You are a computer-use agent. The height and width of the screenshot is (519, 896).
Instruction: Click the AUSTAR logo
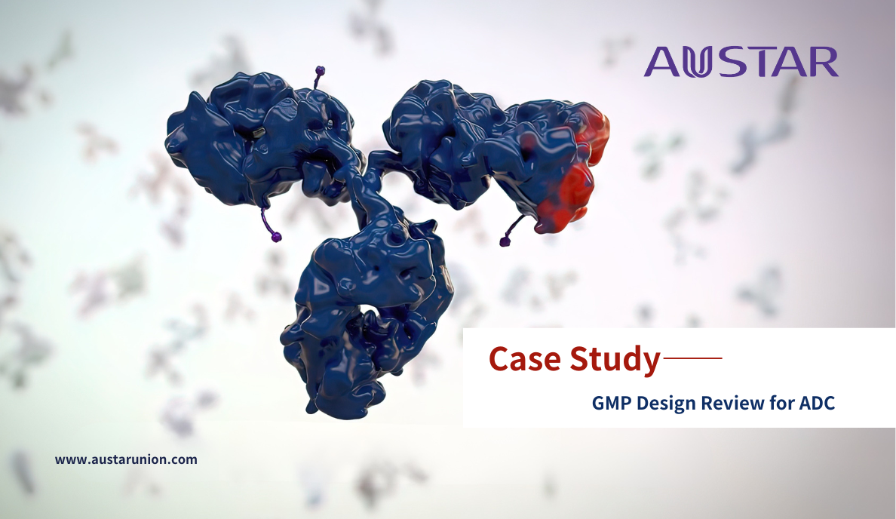point(741,62)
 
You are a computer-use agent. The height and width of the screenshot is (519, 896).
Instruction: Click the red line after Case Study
point(692,358)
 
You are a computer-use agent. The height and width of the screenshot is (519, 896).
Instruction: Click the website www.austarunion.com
point(126,459)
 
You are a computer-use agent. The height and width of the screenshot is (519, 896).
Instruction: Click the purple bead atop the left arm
point(320,71)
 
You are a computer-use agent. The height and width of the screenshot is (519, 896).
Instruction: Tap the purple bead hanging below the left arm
point(277,236)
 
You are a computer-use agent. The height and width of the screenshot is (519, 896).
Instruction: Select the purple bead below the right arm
point(505,242)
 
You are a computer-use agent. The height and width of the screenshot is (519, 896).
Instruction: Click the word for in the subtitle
point(781,403)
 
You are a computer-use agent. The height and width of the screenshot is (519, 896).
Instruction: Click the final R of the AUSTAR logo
point(823,62)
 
